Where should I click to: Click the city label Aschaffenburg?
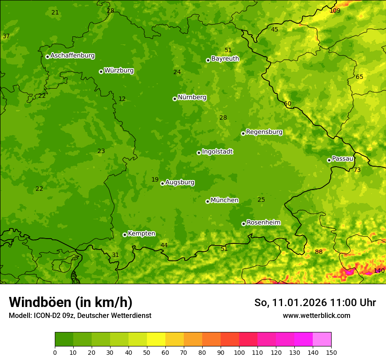(72, 56)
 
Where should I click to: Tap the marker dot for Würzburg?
(101, 71)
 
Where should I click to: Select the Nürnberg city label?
(192, 97)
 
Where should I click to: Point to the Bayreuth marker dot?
(208, 60)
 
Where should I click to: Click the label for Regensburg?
(264, 132)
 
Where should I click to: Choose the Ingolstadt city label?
(217, 152)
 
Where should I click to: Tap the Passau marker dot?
(329, 160)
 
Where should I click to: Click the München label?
(224, 200)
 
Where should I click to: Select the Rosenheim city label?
(263, 223)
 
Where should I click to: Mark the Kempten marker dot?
(125, 235)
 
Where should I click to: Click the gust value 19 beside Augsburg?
(155, 179)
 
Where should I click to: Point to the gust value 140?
(379, 271)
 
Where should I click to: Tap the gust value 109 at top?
(335, 11)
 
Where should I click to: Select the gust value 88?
(318, 252)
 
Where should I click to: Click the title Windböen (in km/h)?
(71, 302)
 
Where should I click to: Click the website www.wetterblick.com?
(316, 315)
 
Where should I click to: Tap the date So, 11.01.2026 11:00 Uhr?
(315, 303)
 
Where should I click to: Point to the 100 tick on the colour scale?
(239, 352)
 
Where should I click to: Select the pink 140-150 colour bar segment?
(322, 339)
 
